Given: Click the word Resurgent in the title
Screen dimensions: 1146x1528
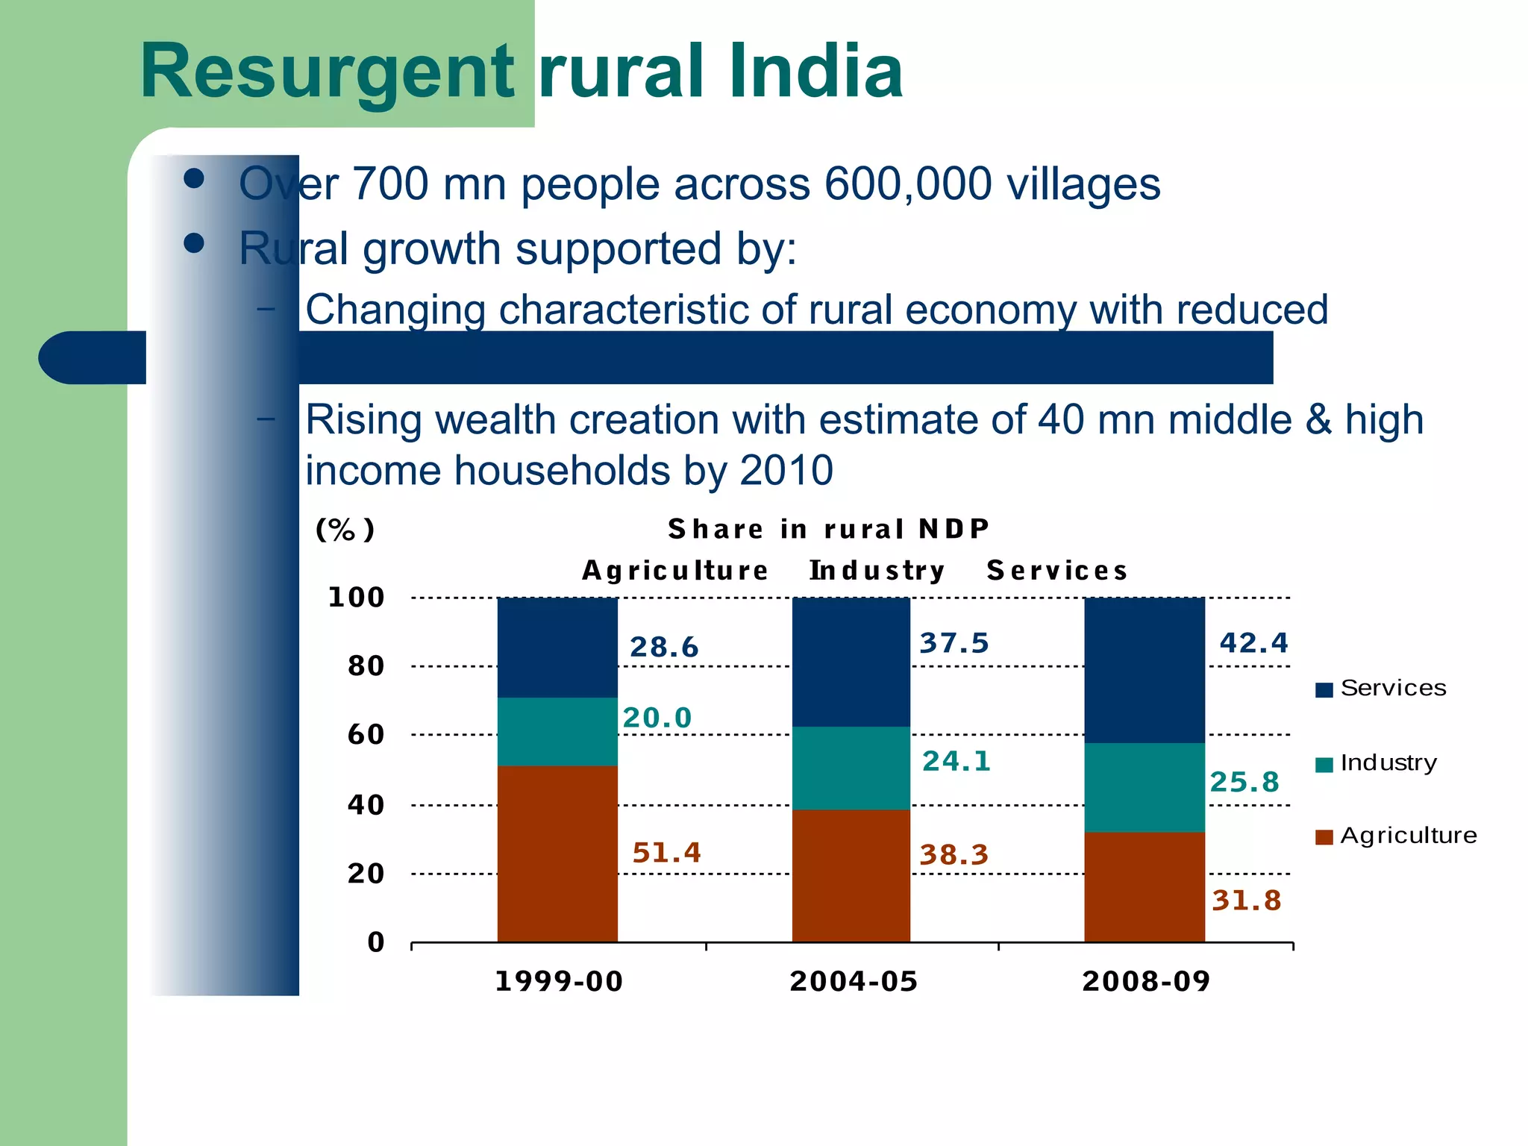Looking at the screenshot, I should [327, 72].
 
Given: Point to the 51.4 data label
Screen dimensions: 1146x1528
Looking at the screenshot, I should [666, 852].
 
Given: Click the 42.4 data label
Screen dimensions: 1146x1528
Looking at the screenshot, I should [1253, 642].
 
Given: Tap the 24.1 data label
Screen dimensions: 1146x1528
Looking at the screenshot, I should [956, 761].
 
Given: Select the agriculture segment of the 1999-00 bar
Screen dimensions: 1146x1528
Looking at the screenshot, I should [557, 854].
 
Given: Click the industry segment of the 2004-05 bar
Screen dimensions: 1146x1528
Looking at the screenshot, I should [851, 768].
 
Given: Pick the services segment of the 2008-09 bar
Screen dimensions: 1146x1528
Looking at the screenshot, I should [1144, 669].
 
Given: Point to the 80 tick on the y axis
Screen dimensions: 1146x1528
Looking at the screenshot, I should [366, 666].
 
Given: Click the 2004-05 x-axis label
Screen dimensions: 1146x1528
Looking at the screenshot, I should [854, 981].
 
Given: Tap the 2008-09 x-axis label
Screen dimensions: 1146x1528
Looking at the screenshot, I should [1146, 981].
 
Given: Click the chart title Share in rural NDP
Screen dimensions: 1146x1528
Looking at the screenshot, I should [828, 529].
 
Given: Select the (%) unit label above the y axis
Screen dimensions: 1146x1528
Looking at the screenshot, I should [345, 530].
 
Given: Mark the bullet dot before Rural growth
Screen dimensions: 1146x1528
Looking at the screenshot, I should [194, 243].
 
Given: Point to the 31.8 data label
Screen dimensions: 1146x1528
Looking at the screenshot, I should [1246, 901].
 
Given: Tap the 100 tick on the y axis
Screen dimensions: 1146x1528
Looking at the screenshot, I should [356, 597].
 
